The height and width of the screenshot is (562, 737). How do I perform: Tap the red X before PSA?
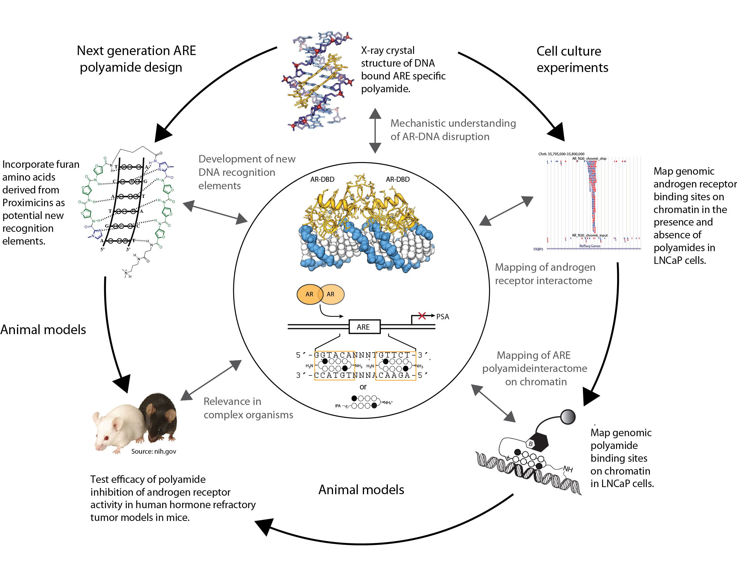coord(422,315)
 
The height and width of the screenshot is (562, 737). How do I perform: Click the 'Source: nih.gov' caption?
coord(153,451)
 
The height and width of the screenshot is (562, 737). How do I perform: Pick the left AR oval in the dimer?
coord(309,294)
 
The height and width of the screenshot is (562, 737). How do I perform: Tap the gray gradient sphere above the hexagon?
coord(568,417)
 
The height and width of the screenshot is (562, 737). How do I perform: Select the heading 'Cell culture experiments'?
coord(572,59)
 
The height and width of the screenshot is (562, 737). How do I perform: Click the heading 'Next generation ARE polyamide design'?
coord(136,59)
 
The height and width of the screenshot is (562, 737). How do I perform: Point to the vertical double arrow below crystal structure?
coord(375,131)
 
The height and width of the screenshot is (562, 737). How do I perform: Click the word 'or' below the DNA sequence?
coord(363,387)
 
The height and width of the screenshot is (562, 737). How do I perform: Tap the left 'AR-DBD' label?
coord(322,179)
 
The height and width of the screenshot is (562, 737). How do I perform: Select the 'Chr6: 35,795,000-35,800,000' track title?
coord(561,154)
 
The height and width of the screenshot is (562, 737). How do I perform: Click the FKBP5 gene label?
coord(538,249)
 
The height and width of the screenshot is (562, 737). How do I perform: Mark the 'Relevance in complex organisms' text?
coord(248,408)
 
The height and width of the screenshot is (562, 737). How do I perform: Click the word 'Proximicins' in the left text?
coord(33,203)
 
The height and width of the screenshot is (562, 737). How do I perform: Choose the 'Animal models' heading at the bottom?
coord(361,490)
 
